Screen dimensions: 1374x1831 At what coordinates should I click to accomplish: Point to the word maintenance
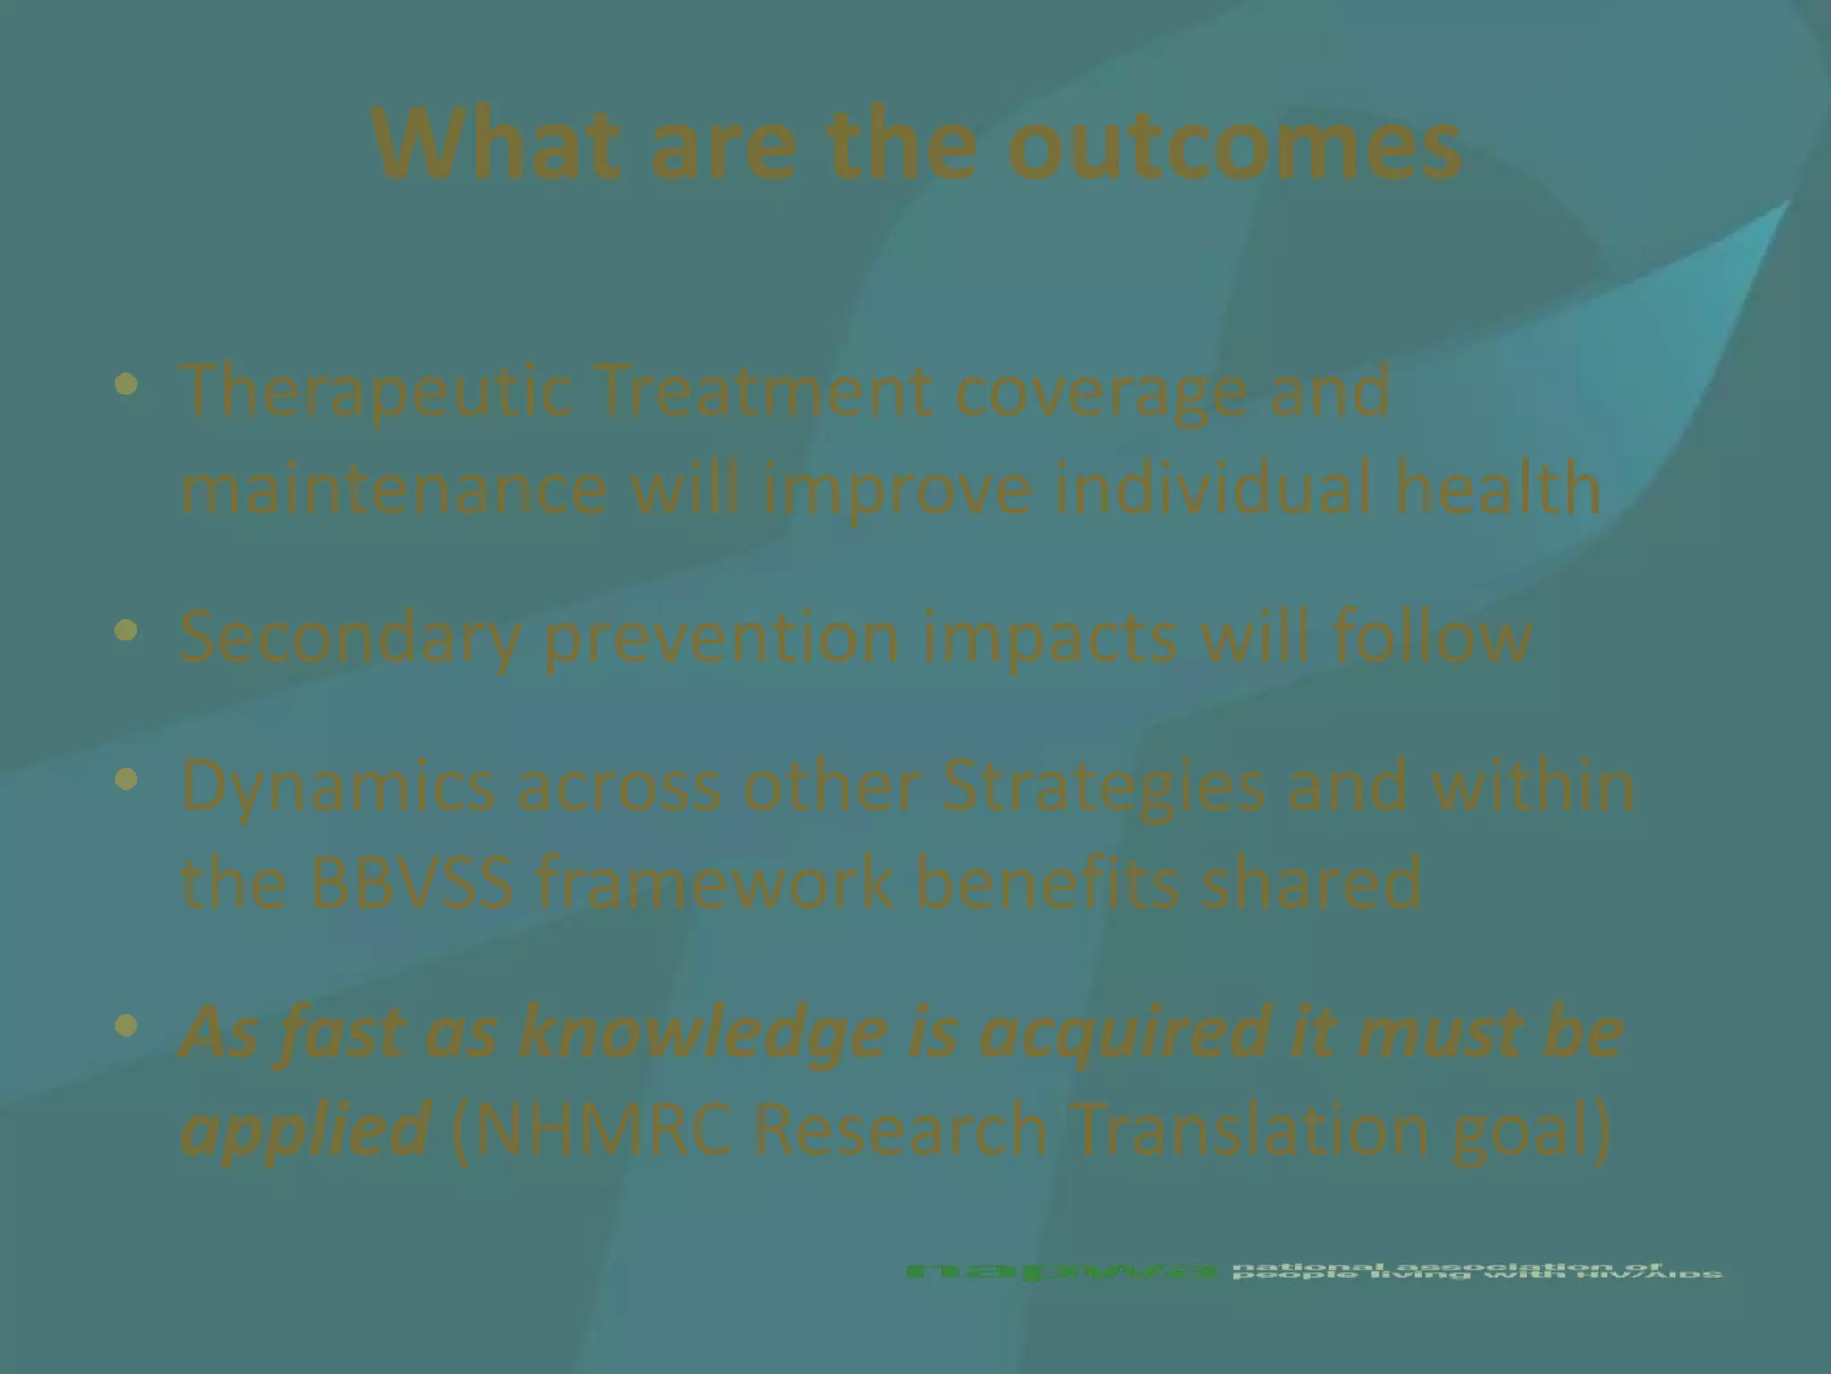point(394,490)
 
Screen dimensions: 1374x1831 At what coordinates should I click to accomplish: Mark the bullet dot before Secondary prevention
point(127,632)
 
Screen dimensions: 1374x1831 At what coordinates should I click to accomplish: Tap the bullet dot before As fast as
point(127,1025)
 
